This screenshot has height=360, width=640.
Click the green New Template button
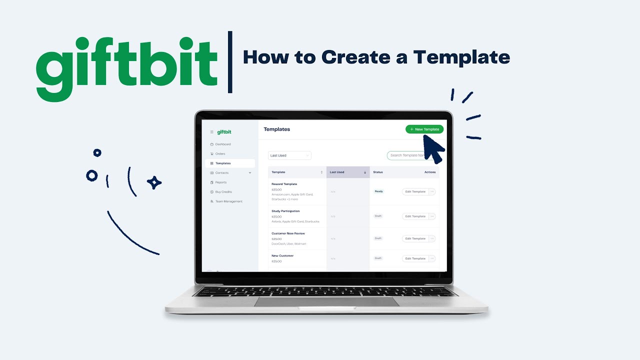click(424, 129)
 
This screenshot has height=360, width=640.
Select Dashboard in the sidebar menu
click(223, 144)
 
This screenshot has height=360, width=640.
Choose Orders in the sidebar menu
click(220, 154)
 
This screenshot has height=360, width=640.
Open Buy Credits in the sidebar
click(223, 192)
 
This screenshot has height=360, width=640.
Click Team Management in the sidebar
click(228, 201)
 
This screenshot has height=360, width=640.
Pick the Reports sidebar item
click(221, 182)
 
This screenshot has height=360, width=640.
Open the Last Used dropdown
click(289, 155)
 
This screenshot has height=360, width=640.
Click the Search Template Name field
click(407, 155)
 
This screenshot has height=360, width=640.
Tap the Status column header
click(378, 172)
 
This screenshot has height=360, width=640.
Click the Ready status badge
click(379, 191)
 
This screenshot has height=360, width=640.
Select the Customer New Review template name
click(288, 233)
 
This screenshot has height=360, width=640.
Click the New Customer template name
click(282, 255)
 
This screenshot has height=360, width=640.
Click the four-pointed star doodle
click(154, 183)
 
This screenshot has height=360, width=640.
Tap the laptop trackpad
click(326, 301)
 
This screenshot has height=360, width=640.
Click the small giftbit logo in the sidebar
click(224, 132)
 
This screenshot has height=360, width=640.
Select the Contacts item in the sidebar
click(222, 173)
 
